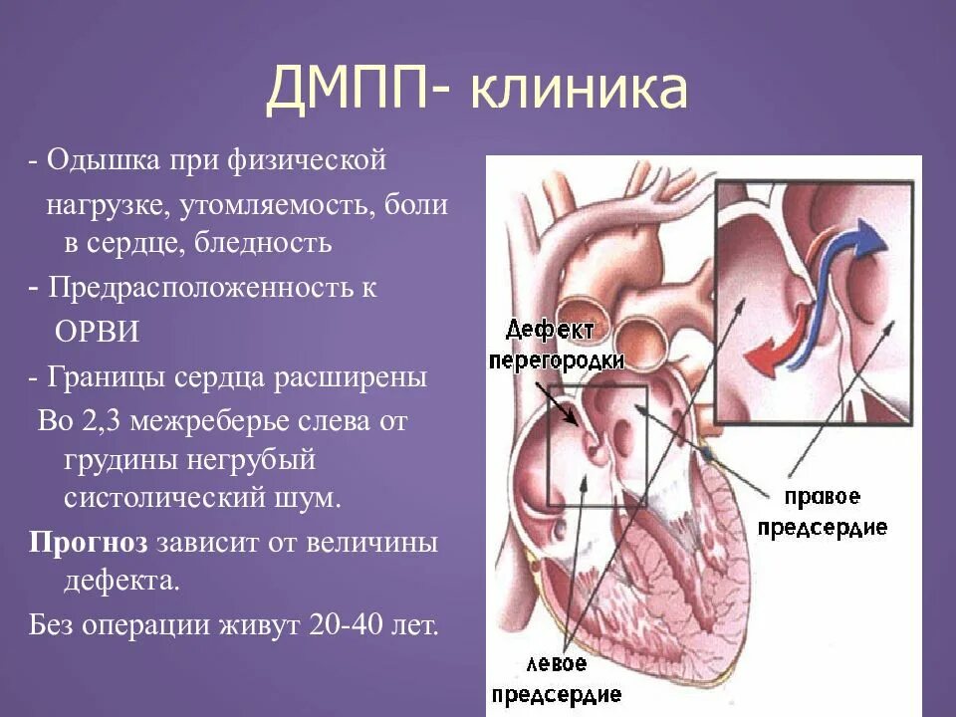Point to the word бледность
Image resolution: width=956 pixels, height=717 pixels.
264,242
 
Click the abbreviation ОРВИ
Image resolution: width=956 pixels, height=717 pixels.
96,332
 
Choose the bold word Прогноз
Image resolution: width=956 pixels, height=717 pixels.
88,544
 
